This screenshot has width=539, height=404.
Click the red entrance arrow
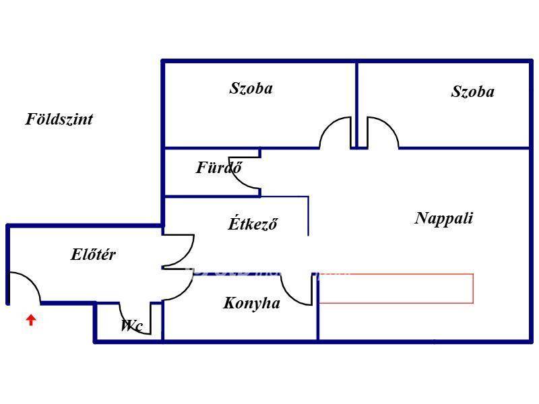click(30, 320)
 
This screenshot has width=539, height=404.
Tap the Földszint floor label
click(59, 119)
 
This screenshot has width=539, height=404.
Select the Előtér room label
click(93, 255)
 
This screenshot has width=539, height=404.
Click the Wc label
click(131, 326)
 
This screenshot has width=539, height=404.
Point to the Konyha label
click(251, 303)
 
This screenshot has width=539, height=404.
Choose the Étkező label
click(253, 224)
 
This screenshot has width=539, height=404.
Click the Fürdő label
click(219, 168)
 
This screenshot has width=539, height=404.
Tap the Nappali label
click(444, 218)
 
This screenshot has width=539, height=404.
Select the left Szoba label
click(251, 88)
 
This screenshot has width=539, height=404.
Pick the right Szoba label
click(472, 92)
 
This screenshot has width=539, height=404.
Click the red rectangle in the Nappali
click(396, 288)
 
